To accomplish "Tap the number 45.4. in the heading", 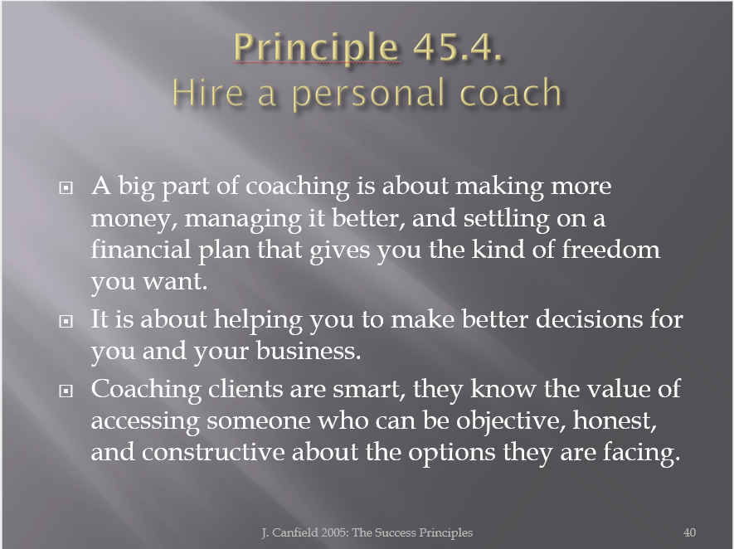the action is click(457, 47).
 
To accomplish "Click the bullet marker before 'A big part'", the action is click(66, 188).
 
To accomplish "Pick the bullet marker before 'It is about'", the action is click(66, 322).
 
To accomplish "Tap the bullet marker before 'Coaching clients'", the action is click(66, 391).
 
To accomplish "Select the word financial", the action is click(141, 249).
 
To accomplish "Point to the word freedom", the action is click(611, 249).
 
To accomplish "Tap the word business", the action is click(309, 351).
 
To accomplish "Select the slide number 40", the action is click(689, 532).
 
